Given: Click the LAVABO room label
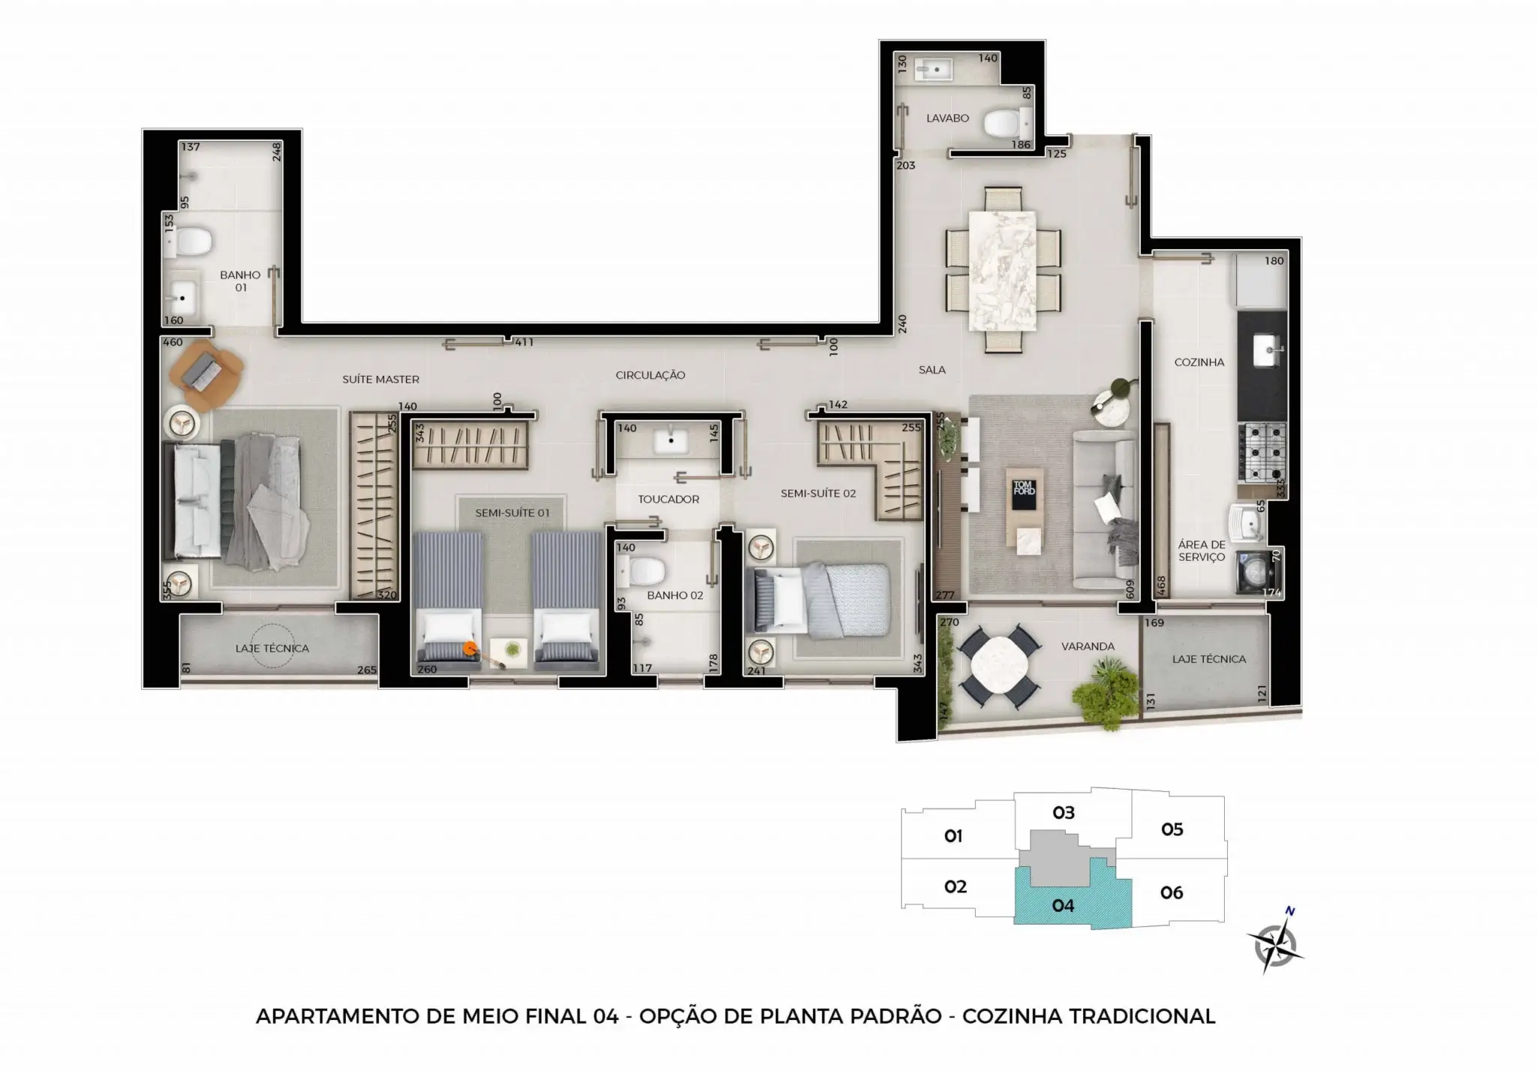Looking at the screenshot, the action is (x=947, y=118).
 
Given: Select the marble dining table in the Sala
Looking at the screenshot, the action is (x=1003, y=271).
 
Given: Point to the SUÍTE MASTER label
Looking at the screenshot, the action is (x=380, y=379).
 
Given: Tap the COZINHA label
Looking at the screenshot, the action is (x=1199, y=362).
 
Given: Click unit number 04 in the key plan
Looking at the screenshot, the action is (x=1063, y=905).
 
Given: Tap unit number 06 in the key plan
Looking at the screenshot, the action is (x=1172, y=892).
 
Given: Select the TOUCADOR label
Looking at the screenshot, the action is (x=668, y=499).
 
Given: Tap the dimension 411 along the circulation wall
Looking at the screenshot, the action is (x=524, y=342).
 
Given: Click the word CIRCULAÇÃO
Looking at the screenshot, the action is (x=650, y=375).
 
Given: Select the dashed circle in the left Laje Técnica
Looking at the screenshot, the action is (x=272, y=646).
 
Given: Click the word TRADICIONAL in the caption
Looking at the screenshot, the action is (x=1141, y=1016).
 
